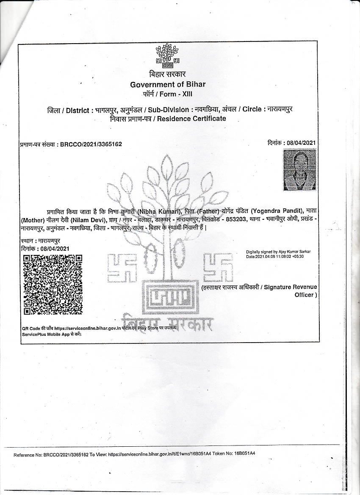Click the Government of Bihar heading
[x=168, y=84]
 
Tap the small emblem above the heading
[x=167, y=57]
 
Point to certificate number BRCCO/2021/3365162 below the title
[x=91, y=144]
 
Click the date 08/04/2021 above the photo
[x=301, y=143]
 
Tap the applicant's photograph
[x=299, y=170]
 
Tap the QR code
[x=53, y=284]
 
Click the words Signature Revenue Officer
[x=290, y=290]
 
